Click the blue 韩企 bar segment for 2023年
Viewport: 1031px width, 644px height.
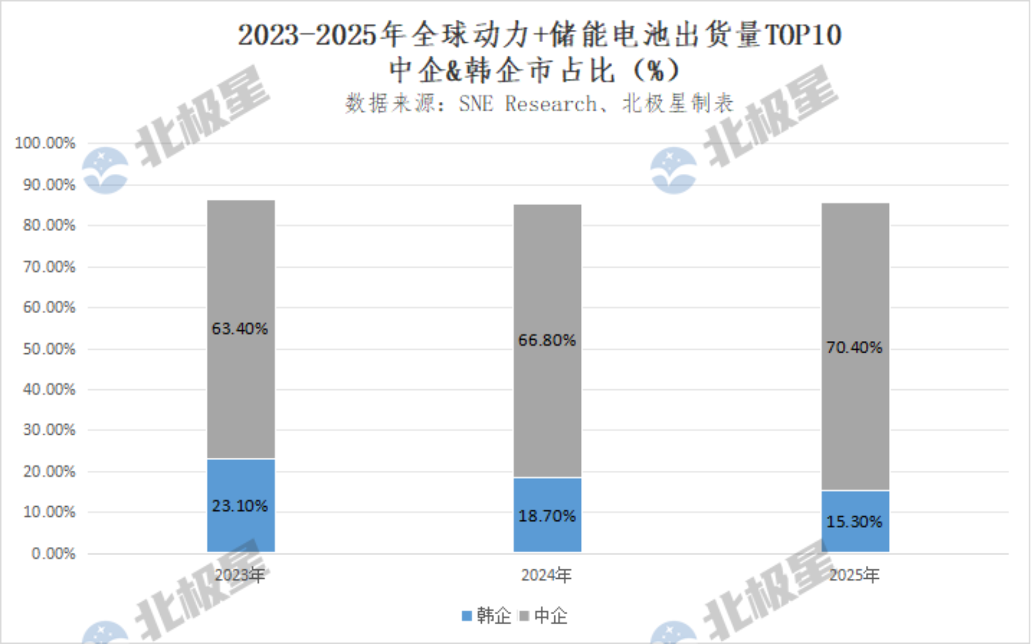click(x=241, y=506)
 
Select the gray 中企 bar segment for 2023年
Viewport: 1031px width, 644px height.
click(x=241, y=329)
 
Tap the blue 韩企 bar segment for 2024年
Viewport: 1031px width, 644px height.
click(x=547, y=515)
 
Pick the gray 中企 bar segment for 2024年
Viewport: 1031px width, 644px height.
click(x=547, y=341)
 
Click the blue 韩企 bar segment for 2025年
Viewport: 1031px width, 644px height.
click(x=855, y=522)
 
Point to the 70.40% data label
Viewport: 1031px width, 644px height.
click(x=854, y=347)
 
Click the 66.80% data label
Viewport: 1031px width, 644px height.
click(x=547, y=340)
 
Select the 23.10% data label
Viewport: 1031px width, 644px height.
click(x=240, y=506)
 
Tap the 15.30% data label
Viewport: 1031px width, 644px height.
click(x=854, y=522)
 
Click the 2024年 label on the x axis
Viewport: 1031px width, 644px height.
click(x=546, y=575)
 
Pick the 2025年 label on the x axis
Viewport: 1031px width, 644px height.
click(x=854, y=575)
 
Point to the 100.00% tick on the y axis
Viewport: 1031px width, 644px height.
click(x=45, y=143)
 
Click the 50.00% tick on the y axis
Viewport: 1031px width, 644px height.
click(x=49, y=349)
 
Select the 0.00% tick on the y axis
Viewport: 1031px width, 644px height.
click(x=53, y=553)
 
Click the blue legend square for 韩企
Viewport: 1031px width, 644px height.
click(x=467, y=615)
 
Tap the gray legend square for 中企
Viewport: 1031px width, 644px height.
click(x=524, y=615)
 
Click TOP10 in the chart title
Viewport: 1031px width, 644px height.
click(x=803, y=35)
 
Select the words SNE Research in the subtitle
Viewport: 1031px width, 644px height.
click(x=528, y=104)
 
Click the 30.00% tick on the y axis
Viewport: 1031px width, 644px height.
click(x=49, y=430)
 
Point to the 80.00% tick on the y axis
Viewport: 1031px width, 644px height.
click(x=49, y=225)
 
